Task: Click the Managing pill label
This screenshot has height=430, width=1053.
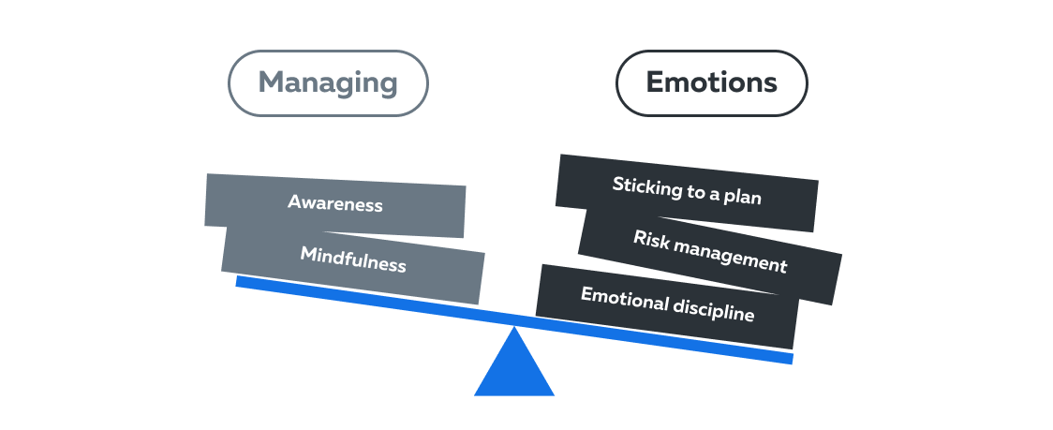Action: click(x=328, y=83)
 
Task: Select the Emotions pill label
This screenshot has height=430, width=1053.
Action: click(x=712, y=83)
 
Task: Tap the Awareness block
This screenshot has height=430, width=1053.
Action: click(x=335, y=205)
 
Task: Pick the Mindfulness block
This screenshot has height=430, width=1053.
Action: click(x=353, y=262)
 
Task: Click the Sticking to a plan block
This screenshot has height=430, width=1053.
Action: click(x=687, y=193)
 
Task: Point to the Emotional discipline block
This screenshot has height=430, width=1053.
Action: click(x=668, y=305)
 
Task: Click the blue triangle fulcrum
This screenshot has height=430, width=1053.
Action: click(x=514, y=362)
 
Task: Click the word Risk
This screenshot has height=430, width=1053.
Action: click(x=651, y=239)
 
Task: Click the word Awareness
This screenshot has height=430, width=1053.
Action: click(x=335, y=203)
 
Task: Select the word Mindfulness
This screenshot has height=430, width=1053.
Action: click(x=353, y=260)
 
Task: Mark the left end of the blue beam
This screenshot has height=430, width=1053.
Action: click(x=236, y=281)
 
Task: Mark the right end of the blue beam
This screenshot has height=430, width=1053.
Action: click(x=793, y=359)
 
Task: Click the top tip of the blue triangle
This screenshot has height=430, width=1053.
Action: click(x=514, y=327)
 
